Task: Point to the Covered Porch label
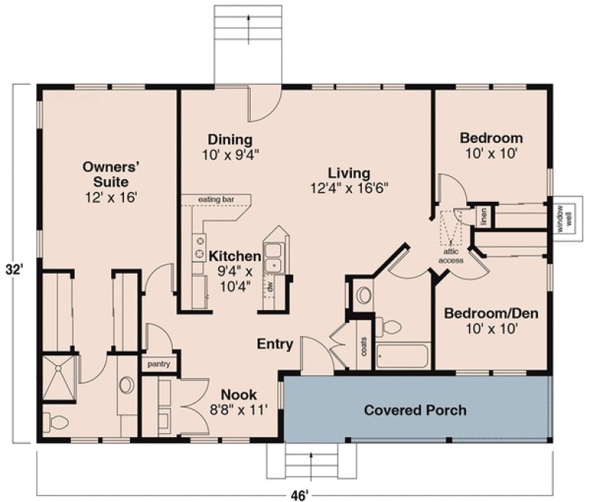point(415,411)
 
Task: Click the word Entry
point(275,344)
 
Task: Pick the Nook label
point(238,395)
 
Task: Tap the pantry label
point(159,364)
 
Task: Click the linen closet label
point(483,216)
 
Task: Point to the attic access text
point(451,256)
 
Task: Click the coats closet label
point(363,346)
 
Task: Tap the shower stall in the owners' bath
point(57,373)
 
